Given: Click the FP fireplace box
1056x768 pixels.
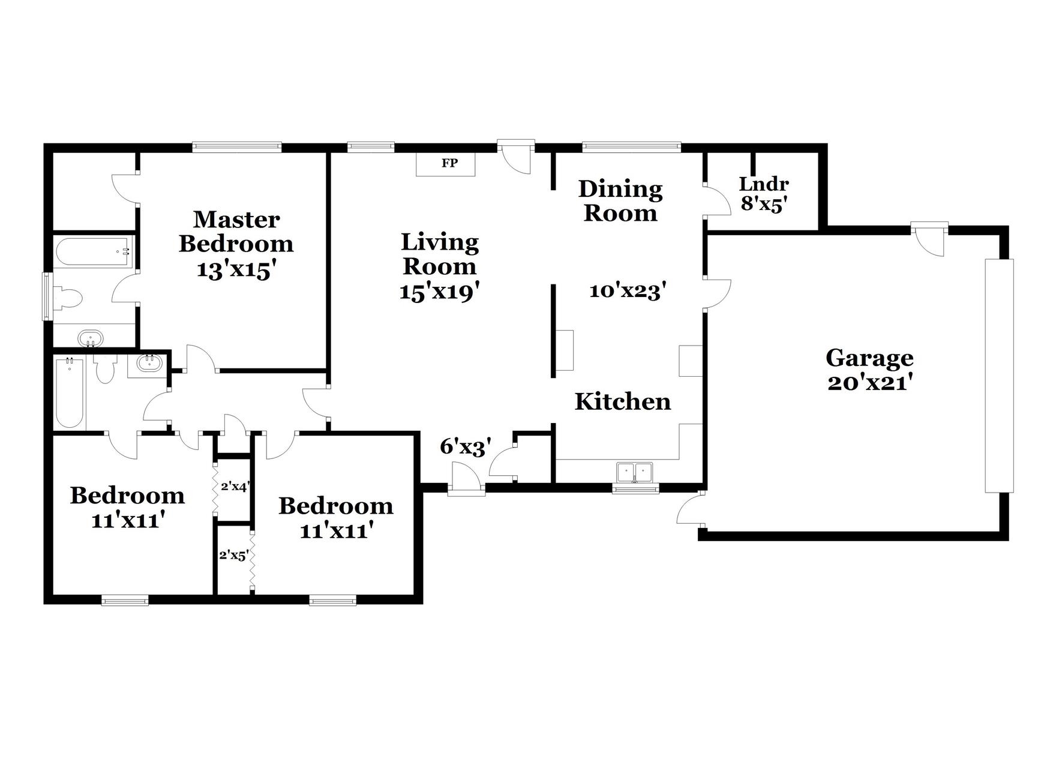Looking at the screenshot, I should pos(446,163).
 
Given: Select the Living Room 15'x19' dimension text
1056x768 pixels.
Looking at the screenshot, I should pos(439,292).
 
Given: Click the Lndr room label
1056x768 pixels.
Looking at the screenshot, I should pos(763,184).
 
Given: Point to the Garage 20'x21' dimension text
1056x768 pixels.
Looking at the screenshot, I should pos(869,383).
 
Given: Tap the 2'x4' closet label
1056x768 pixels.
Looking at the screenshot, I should pos(235,487).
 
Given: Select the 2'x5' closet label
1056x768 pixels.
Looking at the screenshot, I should pos(233,556).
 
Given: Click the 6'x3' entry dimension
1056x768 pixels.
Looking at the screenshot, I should pos(466,447).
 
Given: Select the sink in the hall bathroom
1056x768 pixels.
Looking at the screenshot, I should pos(147,364).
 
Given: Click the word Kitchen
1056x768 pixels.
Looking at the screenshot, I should pos(623,401).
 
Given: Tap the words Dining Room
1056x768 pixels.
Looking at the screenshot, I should pos(620,201).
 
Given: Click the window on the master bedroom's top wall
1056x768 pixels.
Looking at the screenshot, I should pos(236,146).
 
